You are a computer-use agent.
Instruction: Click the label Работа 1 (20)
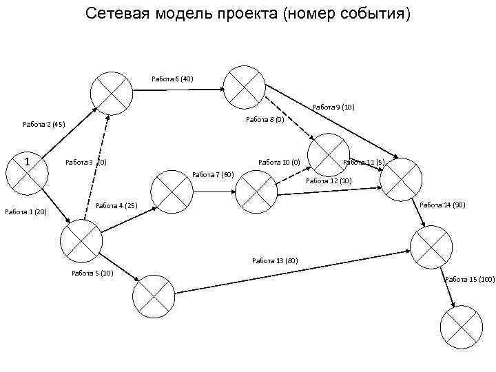[x=25, y=211]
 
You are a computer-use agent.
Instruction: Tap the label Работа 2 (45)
[x=43, y=125]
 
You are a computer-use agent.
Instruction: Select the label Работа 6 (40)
[x=172, y=79]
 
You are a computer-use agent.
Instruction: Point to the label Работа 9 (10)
[x=333, y=107]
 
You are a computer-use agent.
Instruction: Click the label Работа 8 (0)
[x=265, y=120]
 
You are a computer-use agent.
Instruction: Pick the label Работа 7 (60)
[x=214, y=174]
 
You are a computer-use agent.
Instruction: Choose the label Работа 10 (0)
[x=278, y=163]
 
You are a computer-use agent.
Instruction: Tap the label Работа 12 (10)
[x=329, y=180]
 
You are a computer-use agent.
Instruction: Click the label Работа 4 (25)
[x=116, y=205]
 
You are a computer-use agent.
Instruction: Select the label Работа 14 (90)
[x=442, y=205]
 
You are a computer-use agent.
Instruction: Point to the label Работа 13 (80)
[x=275, y=260]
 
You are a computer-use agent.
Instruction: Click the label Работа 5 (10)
[x=92, y=273]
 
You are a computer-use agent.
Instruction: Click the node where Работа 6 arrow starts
[x=112, y=92]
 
